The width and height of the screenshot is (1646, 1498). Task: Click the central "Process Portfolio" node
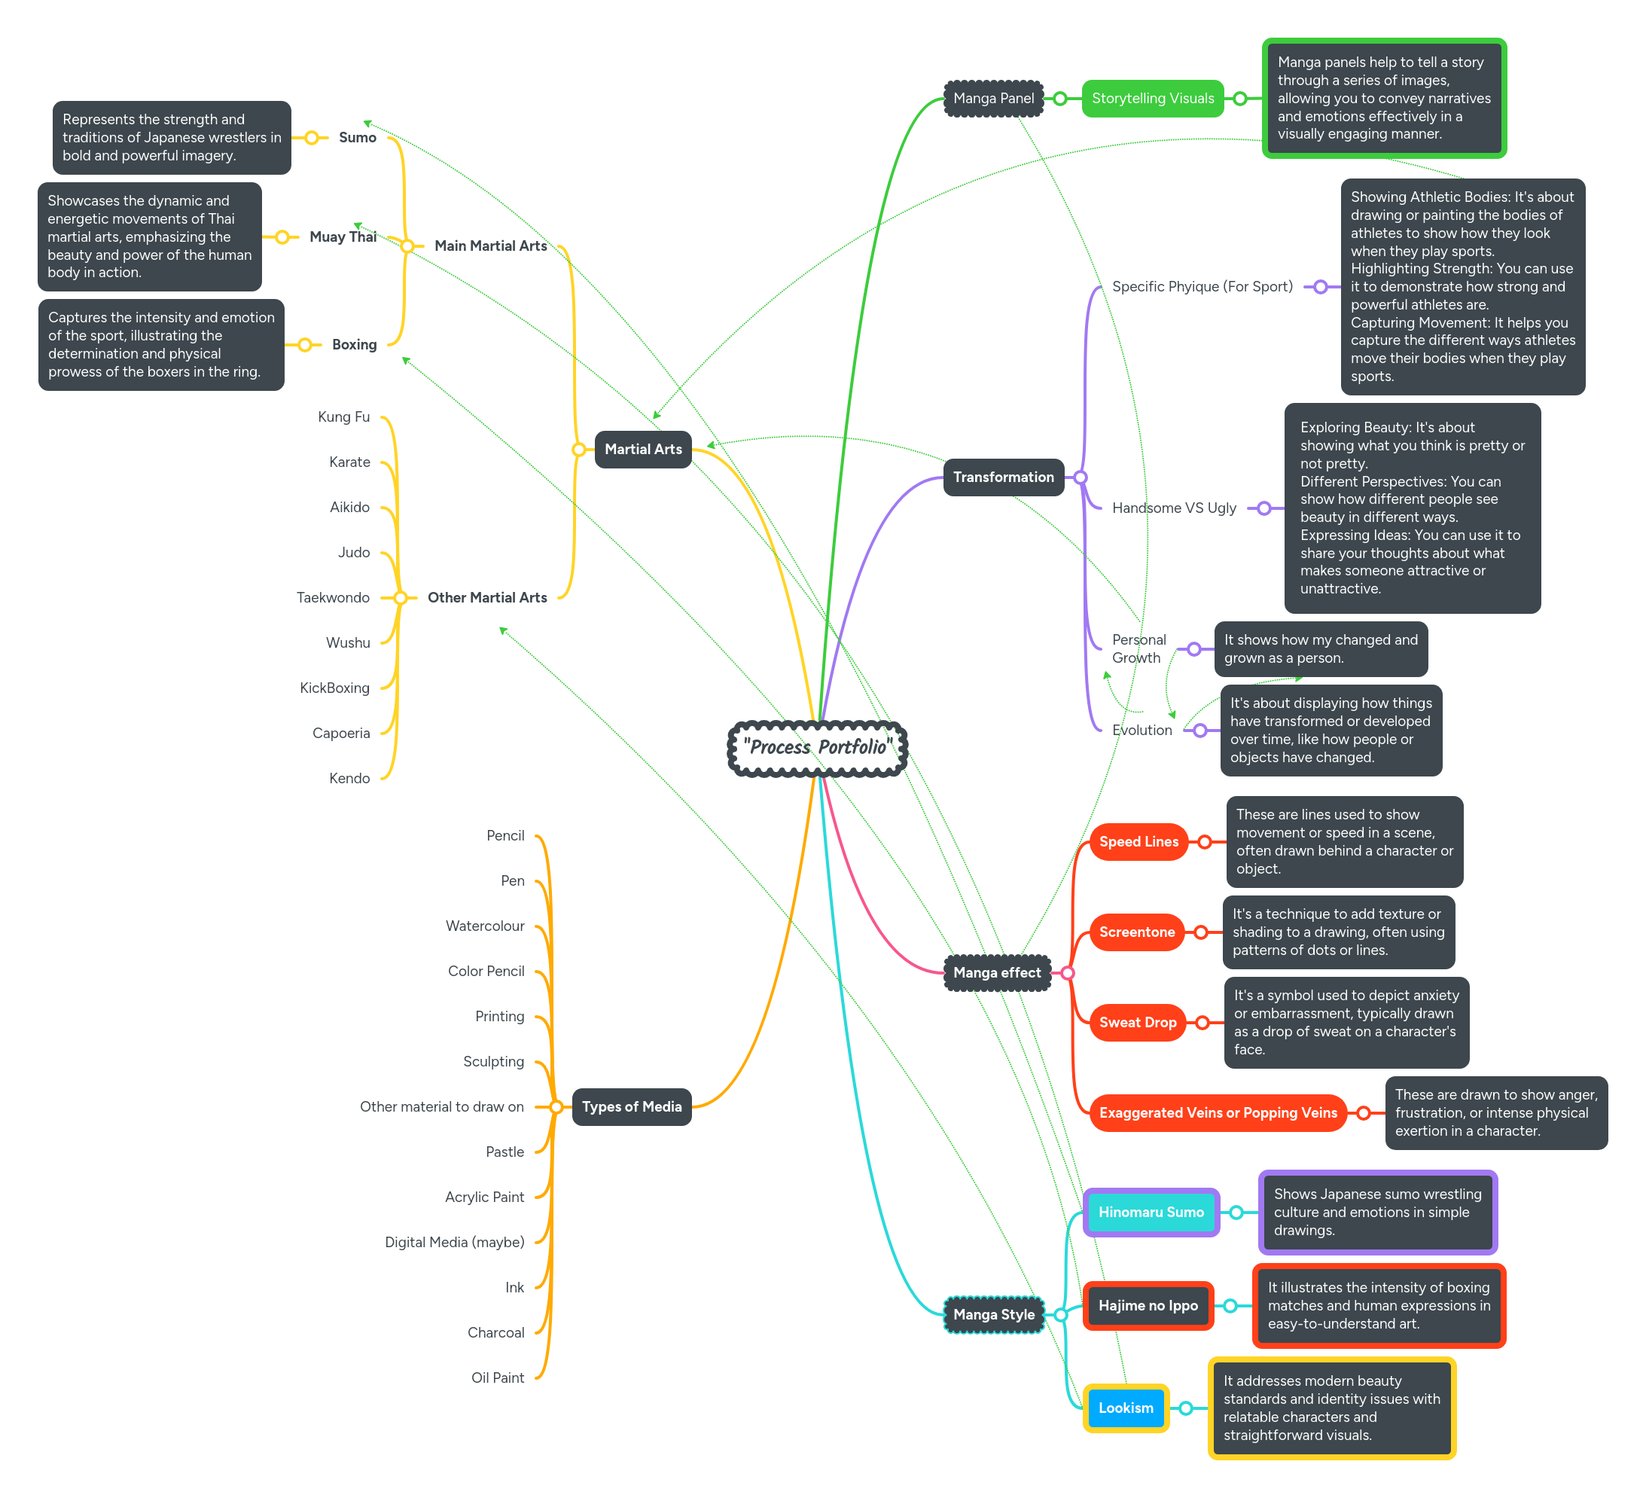click(817, 747)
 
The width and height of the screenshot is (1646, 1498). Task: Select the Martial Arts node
click(642, 449)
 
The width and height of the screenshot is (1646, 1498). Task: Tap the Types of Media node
click(631, 1107)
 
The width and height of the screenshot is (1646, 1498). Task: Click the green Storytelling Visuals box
click(1152, 99)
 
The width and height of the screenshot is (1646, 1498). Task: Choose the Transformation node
click(1003, 477)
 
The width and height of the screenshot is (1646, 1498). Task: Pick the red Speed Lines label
click(1138, 841)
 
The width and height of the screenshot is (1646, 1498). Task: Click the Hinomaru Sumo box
click(1151, 1212)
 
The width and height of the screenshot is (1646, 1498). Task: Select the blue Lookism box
click(1125, 1408)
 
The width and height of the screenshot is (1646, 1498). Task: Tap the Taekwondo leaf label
click(333, 598)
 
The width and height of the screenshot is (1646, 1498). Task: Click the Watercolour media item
click(485, 926)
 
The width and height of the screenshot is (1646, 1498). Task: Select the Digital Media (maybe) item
click(455, 1243)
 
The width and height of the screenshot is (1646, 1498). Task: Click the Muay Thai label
click(342, 237)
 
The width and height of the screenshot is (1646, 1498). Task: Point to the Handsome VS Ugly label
click(1173, 508)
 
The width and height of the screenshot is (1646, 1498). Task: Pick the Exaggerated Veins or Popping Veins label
click(1218, 1112)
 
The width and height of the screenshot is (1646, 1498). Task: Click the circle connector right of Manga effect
click(1067, 973)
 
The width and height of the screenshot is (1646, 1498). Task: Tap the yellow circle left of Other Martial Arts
click(400, 598)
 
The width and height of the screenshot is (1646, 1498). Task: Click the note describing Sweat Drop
click(1346, 1023)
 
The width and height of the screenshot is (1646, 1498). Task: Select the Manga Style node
click(994, 1314)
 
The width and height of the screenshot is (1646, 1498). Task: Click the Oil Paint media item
click(497, 1378)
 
